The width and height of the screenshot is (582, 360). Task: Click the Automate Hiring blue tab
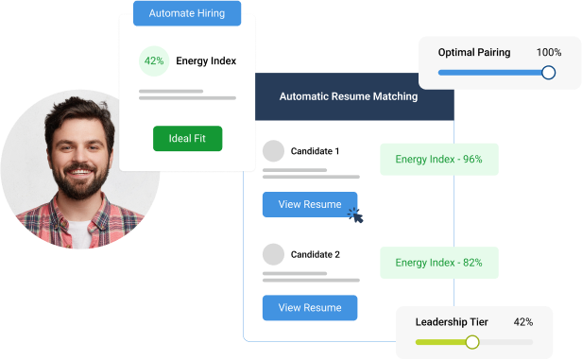click(x=187, y=13)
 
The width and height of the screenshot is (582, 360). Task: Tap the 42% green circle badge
click(x=152, y=61)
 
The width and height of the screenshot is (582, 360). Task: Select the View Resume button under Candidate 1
click(x=310, y=204)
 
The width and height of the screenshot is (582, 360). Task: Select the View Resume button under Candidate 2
click(x=310, y=307)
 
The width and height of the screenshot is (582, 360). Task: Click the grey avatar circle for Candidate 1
click(x=273, y=151)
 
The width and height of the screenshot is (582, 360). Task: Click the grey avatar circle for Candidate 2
click(x=273, y=254)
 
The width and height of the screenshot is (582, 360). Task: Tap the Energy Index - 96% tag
click(x=438, y=160)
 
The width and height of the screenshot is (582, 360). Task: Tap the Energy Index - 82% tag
click(x=438, y=263)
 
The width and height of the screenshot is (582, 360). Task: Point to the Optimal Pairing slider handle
click(x=548, y=72)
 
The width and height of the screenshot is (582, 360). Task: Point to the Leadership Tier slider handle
click(x=472, y=342)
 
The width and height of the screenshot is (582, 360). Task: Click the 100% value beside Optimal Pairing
click(x=548, y=52)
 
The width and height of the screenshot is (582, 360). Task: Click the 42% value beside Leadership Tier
click(x=523, y=322)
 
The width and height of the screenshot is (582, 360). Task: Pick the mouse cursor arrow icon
click(x=356, y=214)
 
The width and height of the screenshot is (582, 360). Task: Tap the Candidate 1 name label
click(x=316, y=151)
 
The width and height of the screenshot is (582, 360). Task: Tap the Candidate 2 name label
click(x=316, y=254)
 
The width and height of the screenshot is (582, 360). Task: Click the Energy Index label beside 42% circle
click(x=206, y=61)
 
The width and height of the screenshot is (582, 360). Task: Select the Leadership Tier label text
click(x=452, y=322)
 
